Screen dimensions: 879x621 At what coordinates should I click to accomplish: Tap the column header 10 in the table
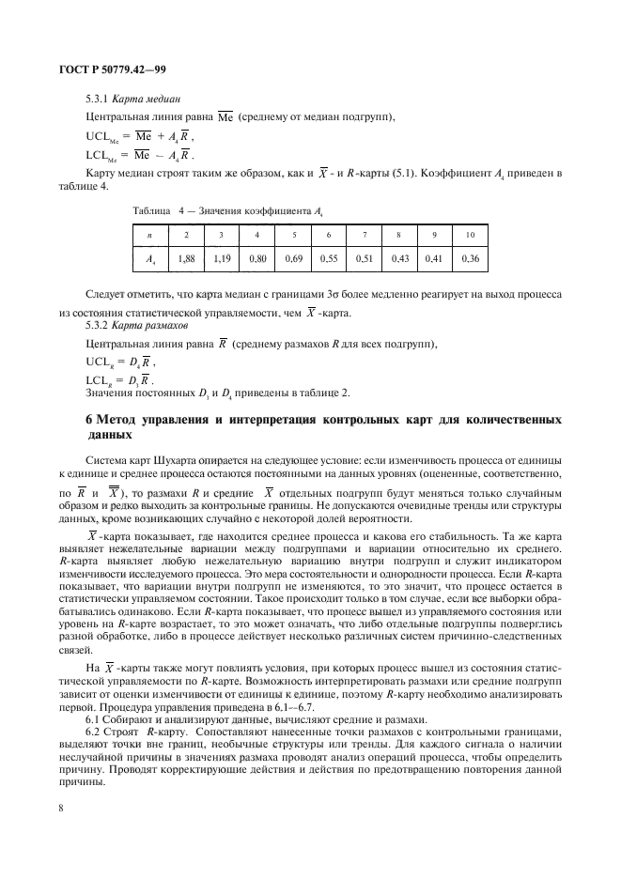(x=470, y=233)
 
